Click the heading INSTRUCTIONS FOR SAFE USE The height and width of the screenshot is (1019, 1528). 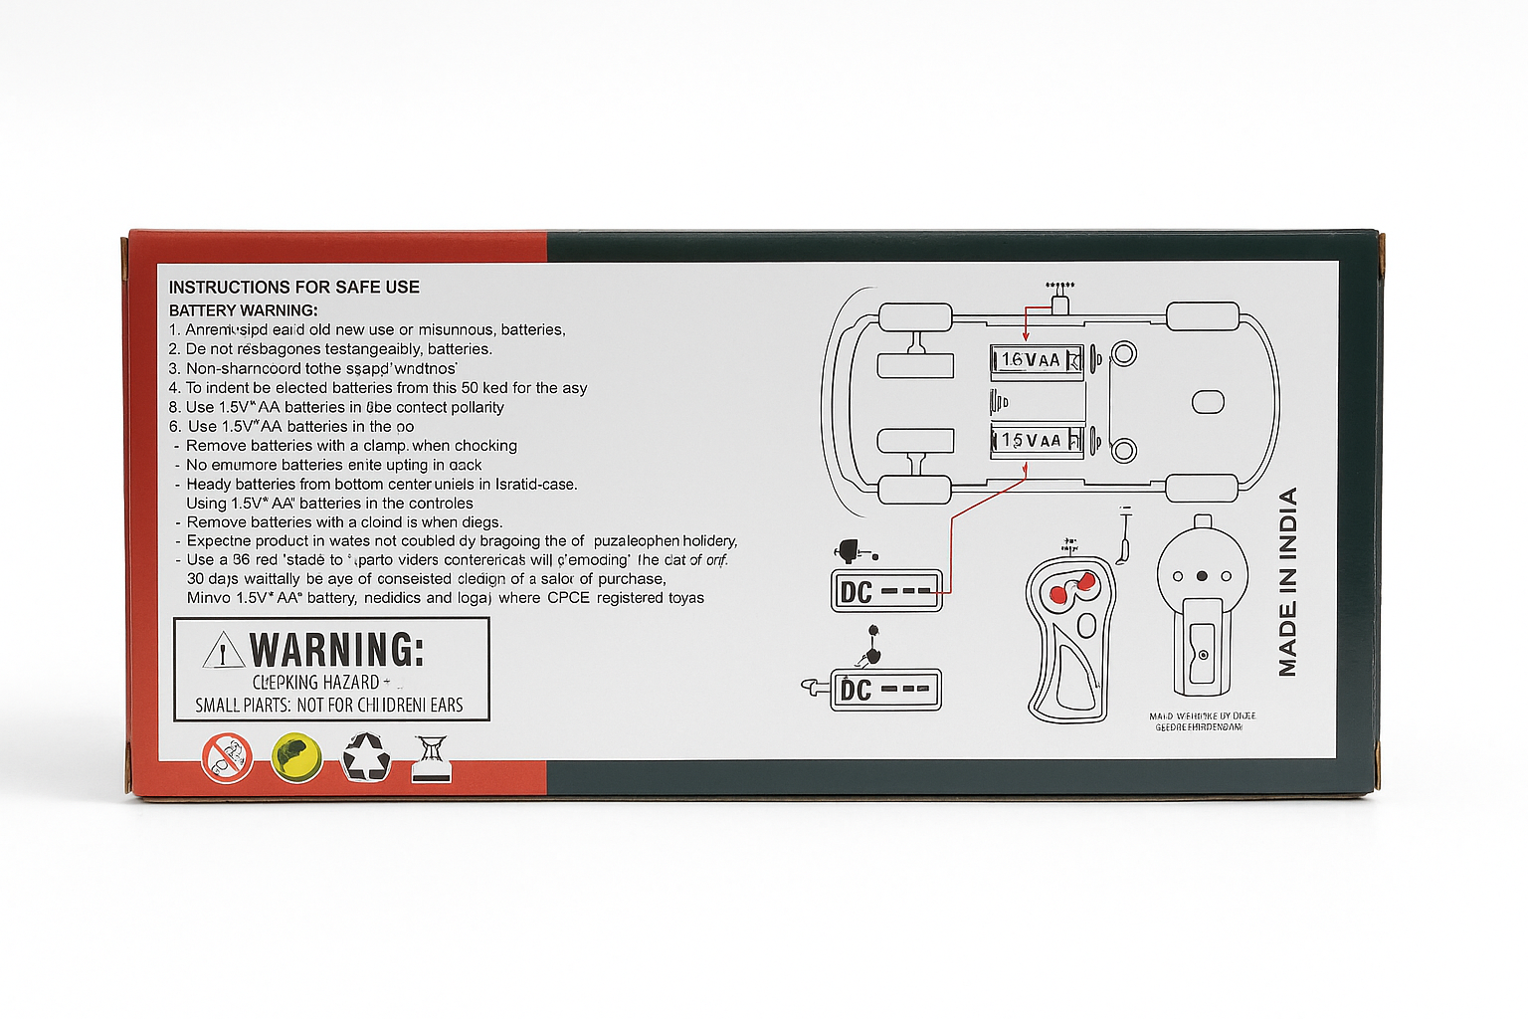pos(293,288)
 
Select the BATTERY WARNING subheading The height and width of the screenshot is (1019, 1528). pos(243,310)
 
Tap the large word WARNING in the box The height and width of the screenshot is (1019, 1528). pos(336,650)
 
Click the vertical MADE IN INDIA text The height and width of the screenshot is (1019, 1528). pos(1288,582)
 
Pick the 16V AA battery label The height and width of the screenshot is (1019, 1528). pos(1035,360)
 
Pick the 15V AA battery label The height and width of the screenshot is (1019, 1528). pos(1035,440)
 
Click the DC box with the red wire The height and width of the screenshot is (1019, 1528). pos(885,591)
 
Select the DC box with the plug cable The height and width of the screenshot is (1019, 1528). pos(885,690)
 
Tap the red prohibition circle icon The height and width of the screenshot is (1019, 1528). pos(227,757)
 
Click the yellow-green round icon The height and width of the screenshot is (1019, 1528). pos(295,757)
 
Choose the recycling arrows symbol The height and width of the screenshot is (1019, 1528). pos(366,757)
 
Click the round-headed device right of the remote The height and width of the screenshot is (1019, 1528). pos(1201,607)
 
